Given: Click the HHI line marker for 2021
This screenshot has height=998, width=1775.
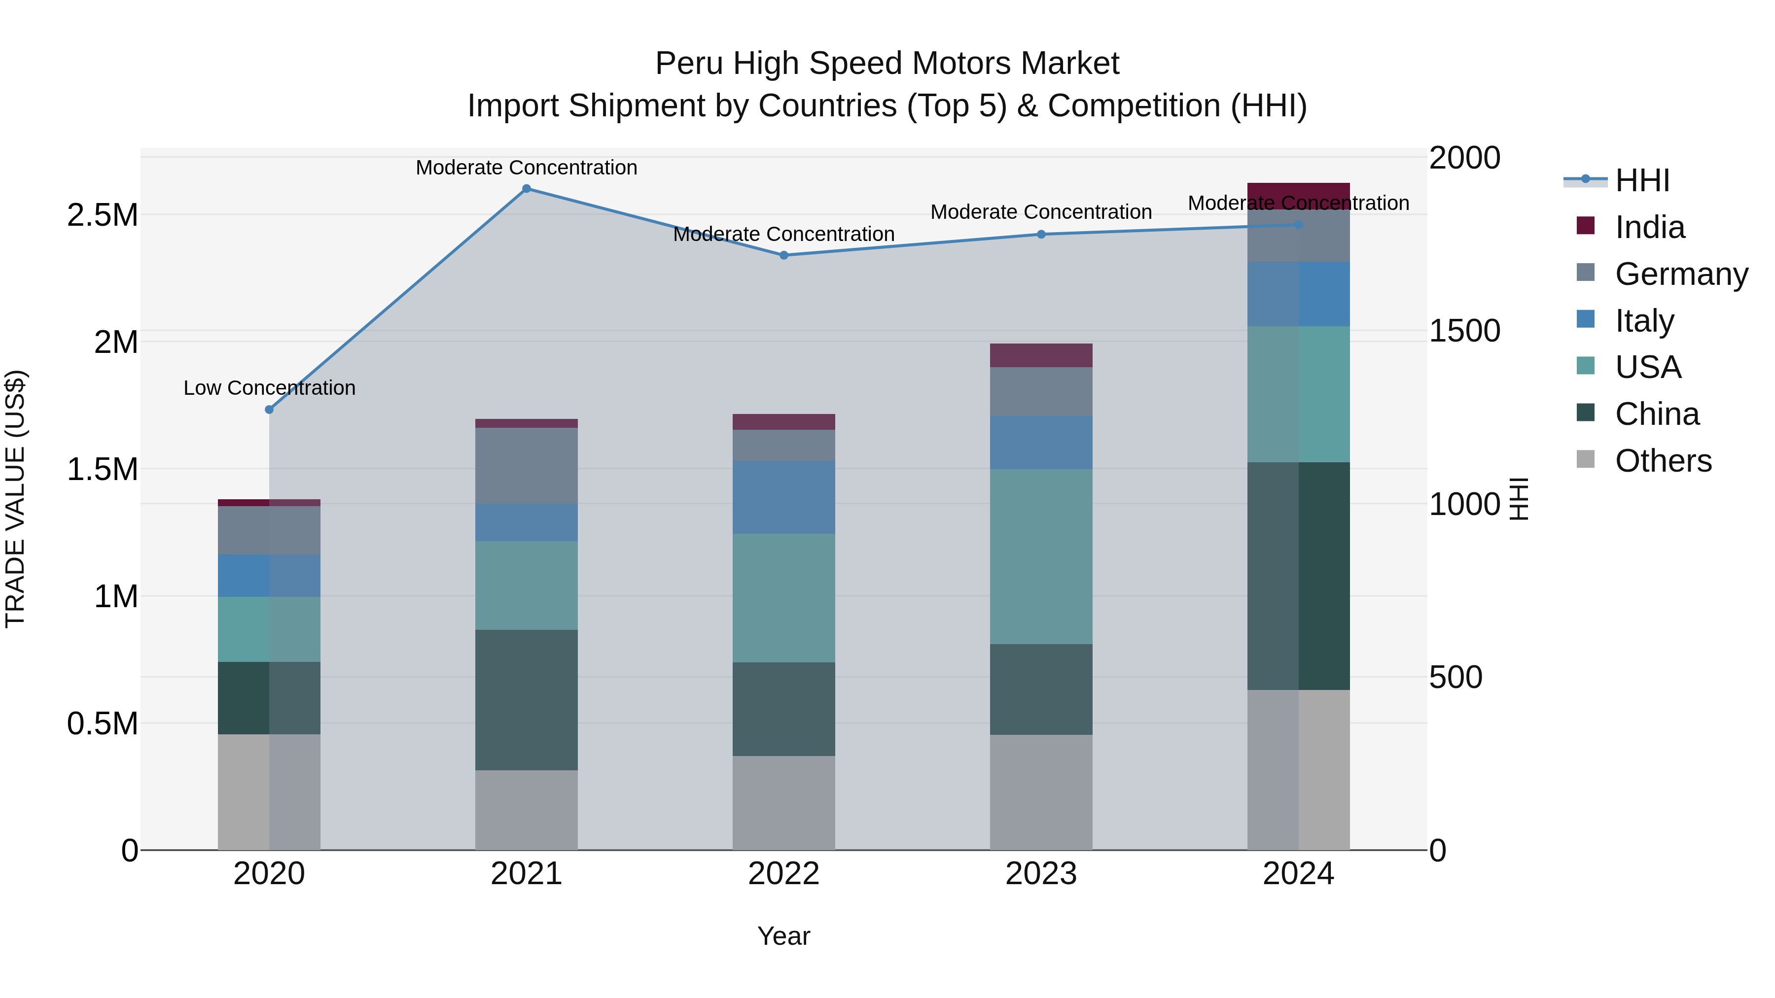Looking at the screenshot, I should coord(527,189).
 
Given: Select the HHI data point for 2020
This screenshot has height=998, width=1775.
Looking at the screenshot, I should coord(269,410).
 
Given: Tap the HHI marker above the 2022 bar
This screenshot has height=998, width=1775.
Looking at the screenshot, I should coord(783,255).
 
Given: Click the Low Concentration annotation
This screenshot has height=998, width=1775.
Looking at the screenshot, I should coord(269,388).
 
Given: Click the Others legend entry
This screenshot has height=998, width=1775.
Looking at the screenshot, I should coord(1663,461).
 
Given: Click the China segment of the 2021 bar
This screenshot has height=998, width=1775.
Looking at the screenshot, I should coord(527,700).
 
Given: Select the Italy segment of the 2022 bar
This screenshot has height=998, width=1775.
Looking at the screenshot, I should coord(783,497).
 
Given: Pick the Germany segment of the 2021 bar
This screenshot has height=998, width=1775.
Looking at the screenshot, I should coord(527,466).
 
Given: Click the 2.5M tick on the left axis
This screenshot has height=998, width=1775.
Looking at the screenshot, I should coord(102,215).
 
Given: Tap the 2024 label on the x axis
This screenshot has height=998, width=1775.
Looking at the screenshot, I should coord(1298,874).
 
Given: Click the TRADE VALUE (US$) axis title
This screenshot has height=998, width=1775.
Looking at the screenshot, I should coord(15,499).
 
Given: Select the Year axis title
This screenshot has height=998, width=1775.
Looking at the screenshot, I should coord(783,937).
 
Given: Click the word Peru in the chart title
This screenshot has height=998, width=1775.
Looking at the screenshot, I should coord(690,64).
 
